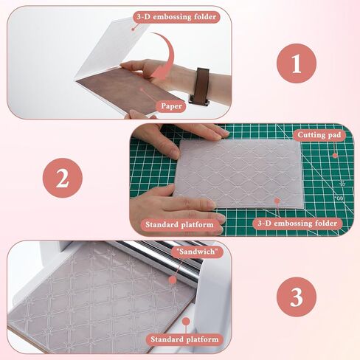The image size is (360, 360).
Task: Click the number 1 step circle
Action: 297,63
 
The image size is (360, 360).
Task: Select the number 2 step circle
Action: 63,178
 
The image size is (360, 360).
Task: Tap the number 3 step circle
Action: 297,297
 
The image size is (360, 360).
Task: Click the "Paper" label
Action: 171,106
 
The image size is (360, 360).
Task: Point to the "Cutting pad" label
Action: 319,135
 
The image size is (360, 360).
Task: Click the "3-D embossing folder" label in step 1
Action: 176,17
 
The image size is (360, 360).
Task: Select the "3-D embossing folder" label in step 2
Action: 297,224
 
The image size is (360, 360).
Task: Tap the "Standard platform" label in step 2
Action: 179,224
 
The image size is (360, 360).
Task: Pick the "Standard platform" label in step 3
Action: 184,339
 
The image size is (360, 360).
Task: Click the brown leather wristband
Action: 200,86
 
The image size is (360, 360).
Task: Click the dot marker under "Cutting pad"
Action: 335,156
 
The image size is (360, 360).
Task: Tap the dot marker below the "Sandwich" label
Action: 173,280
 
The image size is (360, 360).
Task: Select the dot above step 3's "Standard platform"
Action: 186,321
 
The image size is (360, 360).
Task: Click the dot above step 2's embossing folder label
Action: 277,201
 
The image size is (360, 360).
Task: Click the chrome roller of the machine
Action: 157,258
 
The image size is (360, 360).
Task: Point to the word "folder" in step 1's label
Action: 205,17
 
